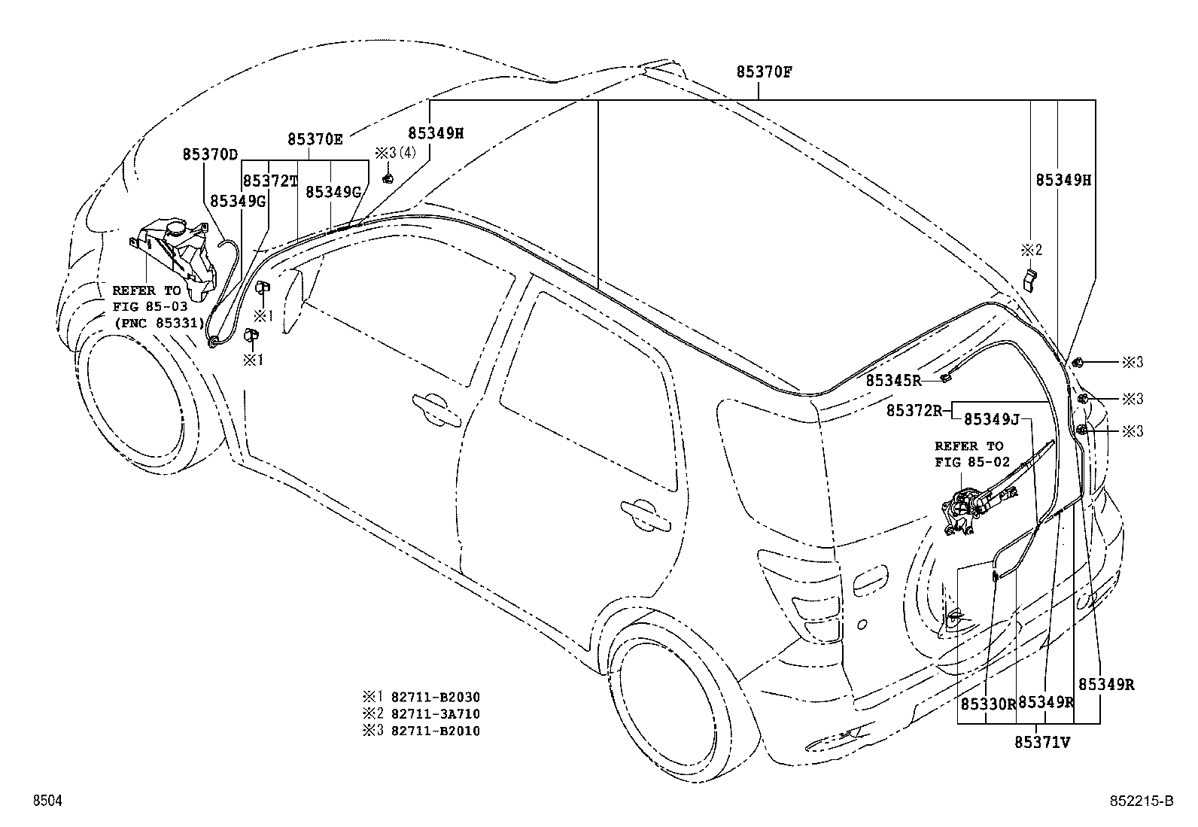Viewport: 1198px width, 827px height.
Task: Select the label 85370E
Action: pyautogui.click(x=315, y=139)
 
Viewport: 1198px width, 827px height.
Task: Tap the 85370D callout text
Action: pyautogui.click(x=210, y=154)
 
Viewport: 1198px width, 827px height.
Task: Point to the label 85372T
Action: pyautogui.click(x=270, y=181)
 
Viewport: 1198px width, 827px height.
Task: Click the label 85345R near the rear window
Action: pyautogui.click(x=893, y=381)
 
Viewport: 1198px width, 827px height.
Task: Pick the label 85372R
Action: pyautogui.click(x=914, y=411)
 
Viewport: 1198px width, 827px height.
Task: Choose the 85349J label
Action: pyautogui.click(x=992, y=419)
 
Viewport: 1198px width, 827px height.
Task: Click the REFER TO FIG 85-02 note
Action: pyautogui.click(x=968, y=455)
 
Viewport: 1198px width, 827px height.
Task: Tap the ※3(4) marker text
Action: pyautogui.click(x=395, y=153)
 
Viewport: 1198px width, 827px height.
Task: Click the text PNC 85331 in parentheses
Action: pyautogui.click(x=159, y=323)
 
